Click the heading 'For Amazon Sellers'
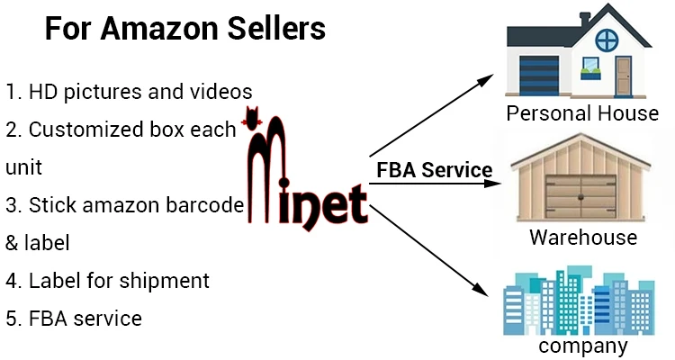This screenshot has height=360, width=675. [x=185, y=30]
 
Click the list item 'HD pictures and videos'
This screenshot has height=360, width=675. [x=129, y=91]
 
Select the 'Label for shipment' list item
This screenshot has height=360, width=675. [x=108, y=280]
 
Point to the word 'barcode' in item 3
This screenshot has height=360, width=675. [x=206, y=204]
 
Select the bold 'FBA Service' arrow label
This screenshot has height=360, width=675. [x=434, y=170]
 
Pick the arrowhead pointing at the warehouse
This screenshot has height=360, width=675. [x=494, y=184]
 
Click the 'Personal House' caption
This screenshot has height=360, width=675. [x=582, y=113]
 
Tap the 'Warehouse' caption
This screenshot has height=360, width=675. [x=583, y=238]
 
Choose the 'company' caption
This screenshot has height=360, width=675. [x=581, y=346]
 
